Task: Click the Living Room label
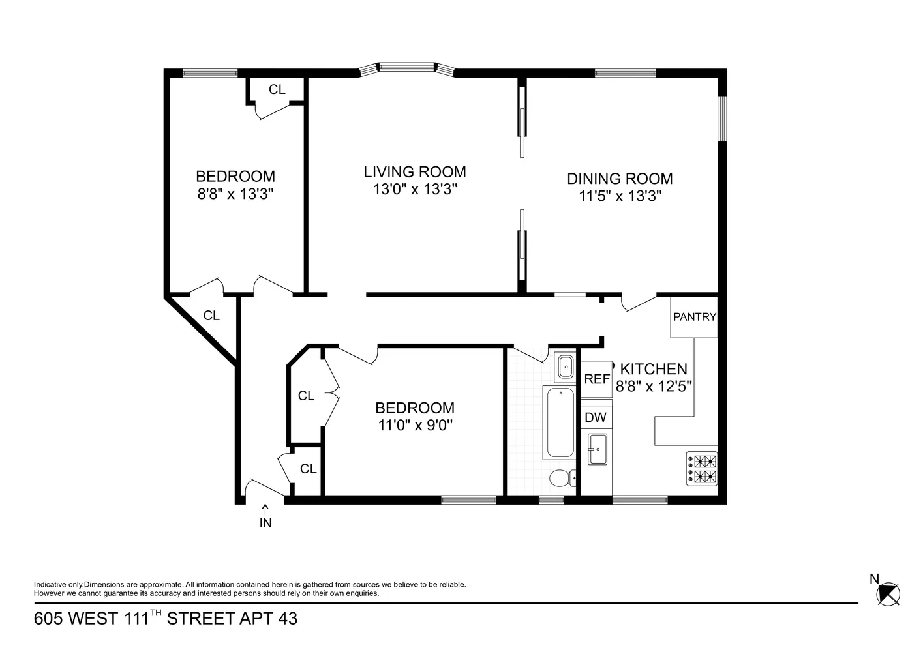point(415,172)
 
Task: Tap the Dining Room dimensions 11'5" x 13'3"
point(620,196)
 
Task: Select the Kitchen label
point(653,369)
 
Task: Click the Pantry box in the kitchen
point(694,317)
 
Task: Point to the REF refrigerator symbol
point(596,379)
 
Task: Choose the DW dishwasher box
point(596,417)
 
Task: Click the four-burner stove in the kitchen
point(701,468)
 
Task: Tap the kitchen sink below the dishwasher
point(597,449)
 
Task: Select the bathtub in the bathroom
point(560,422)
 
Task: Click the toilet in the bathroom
point(561,479)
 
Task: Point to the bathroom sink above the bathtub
point(564,367)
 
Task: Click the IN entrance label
point(265,523)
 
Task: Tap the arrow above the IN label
point(265,508)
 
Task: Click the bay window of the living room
point(407,67)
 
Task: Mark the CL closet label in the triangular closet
point(211,316)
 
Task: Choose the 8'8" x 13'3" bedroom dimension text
point(235,194)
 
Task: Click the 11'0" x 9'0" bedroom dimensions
point(415,425)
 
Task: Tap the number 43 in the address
point(288,618)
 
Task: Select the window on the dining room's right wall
point(722,119)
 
